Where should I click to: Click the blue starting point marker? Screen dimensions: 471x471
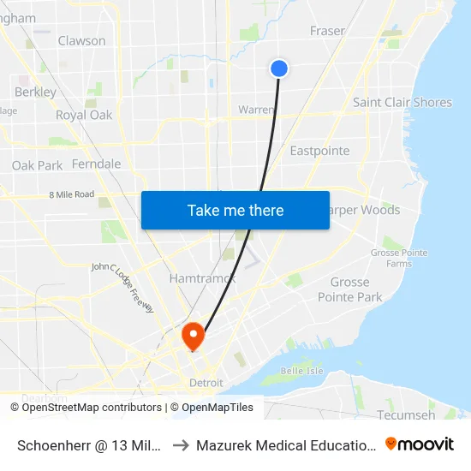click(279, 69)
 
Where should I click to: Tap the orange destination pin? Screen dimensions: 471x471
click(194, 335)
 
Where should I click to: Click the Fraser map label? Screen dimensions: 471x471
click(327, 31)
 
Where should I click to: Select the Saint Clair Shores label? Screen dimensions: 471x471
click(402, 103)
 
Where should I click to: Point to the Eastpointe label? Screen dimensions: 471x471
click(319, 151)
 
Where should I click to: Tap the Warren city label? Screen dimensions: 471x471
click(256, 110)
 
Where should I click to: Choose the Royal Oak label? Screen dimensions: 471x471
click(84, 115)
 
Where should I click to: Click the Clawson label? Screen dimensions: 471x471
click(82, 40)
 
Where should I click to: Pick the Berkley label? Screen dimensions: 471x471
click(36, 92)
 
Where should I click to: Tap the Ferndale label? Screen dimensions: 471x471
click(97, 164)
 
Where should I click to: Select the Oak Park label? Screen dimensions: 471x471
click(37, 165)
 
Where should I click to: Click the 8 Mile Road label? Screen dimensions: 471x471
click(72, 194)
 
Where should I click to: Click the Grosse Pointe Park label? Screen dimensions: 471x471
click(349, 289)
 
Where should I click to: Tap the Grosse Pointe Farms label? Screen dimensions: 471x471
click(391, 258)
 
